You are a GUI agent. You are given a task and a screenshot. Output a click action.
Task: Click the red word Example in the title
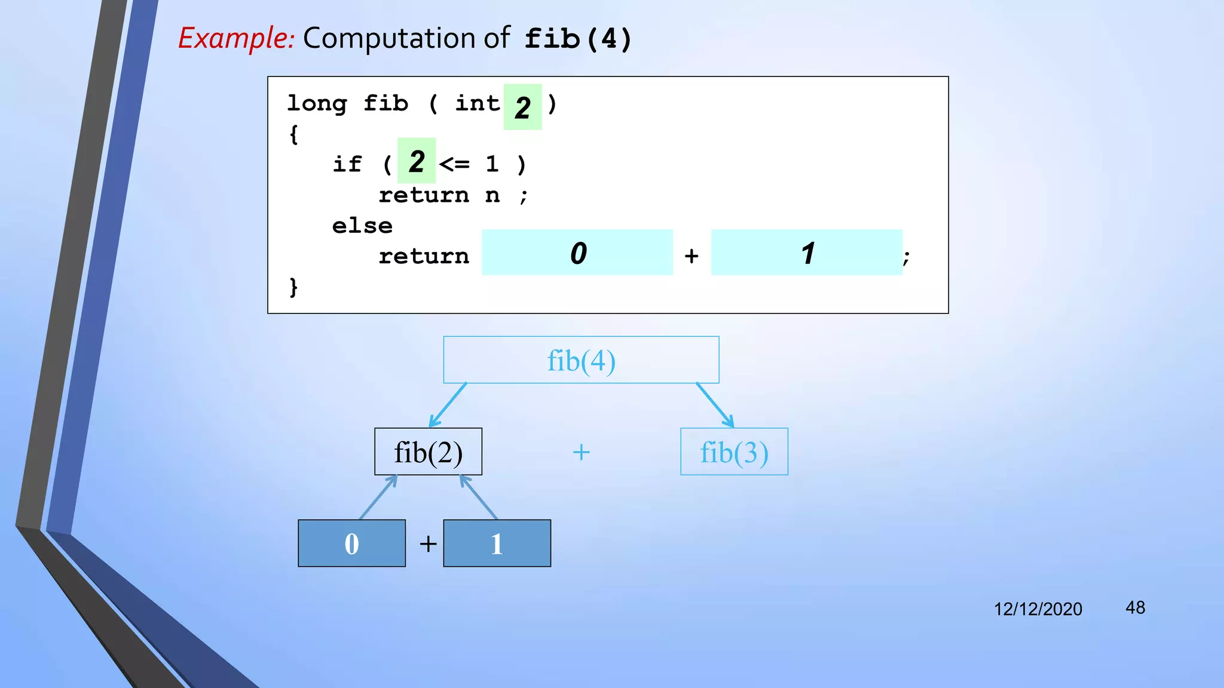235,39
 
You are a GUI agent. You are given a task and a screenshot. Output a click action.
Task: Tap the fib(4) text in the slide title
577,39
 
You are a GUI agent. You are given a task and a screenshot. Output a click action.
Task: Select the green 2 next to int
522,107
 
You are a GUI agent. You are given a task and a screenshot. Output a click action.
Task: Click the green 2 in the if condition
417,161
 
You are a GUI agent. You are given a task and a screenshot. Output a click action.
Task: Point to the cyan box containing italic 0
577,252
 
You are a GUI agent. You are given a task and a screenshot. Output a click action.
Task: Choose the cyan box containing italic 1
806,252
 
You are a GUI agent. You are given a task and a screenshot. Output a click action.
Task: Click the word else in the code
362,226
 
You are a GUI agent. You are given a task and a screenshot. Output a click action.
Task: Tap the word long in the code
317,103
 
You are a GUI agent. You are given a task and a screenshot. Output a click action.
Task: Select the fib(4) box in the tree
581,360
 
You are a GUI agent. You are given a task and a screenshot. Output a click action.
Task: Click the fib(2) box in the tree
428,451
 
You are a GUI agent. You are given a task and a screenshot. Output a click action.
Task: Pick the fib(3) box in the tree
734,451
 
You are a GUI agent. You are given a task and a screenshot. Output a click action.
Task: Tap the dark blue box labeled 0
351,543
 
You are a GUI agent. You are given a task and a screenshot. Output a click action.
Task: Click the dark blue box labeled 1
497,543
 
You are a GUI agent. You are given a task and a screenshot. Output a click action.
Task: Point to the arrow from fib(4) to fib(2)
448,405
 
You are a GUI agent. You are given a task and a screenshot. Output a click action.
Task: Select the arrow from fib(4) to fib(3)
715,405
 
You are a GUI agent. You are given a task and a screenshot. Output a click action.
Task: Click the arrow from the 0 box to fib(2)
378,497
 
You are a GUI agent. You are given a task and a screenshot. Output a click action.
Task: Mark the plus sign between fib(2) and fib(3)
581,452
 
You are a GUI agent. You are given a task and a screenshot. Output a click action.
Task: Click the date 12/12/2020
1038,609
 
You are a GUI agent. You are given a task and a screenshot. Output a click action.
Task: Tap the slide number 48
1135,607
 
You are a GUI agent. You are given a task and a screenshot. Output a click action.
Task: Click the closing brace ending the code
293,287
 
